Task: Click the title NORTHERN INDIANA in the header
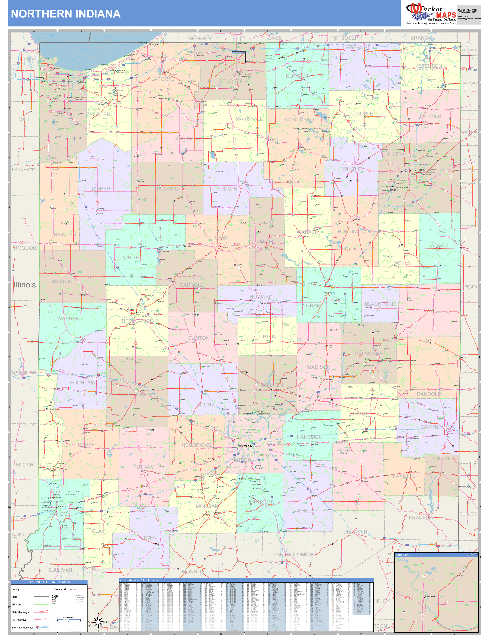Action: [x=66, y=14]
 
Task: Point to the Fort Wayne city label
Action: [x=405, y=172]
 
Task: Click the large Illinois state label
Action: [x=25, y=285]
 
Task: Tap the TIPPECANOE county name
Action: [x=137, y=321]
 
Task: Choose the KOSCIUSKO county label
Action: [x=299, y=120]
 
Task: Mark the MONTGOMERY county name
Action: [x=137, y=394]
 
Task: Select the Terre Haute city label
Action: [x=61, y=507]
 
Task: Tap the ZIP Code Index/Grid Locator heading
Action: [x=139, y=580]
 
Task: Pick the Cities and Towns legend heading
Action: [x=64, y=589]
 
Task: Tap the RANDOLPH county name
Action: [x=430, y=394]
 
